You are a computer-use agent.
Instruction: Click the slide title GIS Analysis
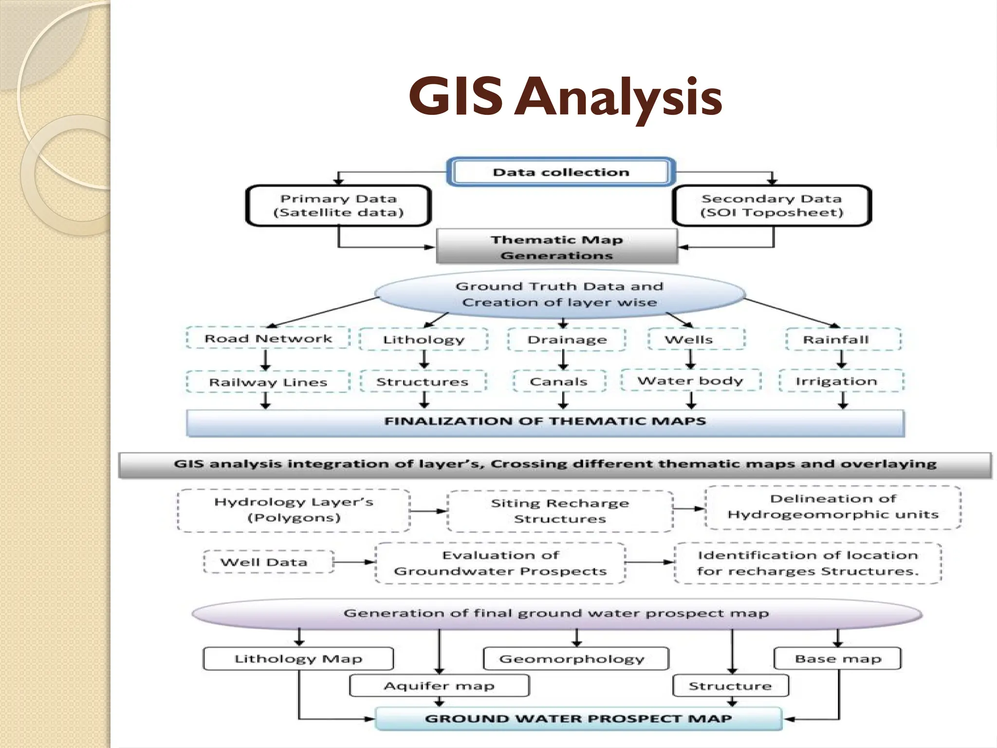(x=565, y=97)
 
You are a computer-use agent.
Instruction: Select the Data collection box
(x=560, y=172)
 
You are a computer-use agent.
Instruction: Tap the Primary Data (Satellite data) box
(x=338, y=206)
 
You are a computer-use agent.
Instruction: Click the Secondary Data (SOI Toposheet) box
(x=772, y=206)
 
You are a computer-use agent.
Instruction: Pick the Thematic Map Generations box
(x=556, y=247)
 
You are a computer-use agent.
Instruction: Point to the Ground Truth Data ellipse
(x=559, y=294)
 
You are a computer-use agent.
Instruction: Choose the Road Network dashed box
(x=268, y=338)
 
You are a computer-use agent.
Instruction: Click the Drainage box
(x=567, y=339)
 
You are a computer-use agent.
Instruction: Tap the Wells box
(x=696, y=339)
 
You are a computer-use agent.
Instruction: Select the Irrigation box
(x=841, y=381)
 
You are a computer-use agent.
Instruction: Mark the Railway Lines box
(x=268, y=382)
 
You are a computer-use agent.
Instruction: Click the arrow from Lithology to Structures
(x=424, y=359)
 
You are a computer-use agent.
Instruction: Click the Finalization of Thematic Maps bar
(x=545, y=422)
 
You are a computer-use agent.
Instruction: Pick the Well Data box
(x=268, y=562)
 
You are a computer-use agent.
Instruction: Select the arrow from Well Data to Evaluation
(x=354, y=562)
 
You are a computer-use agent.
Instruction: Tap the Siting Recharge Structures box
(x=560, y=511)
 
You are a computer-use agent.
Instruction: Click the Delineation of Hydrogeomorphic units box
(x=832, y=507)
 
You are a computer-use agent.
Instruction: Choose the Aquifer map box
(x=439, y=686)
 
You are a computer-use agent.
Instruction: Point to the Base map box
(x=837, y=658)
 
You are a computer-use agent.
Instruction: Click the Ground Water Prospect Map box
(x=578, y=719)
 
